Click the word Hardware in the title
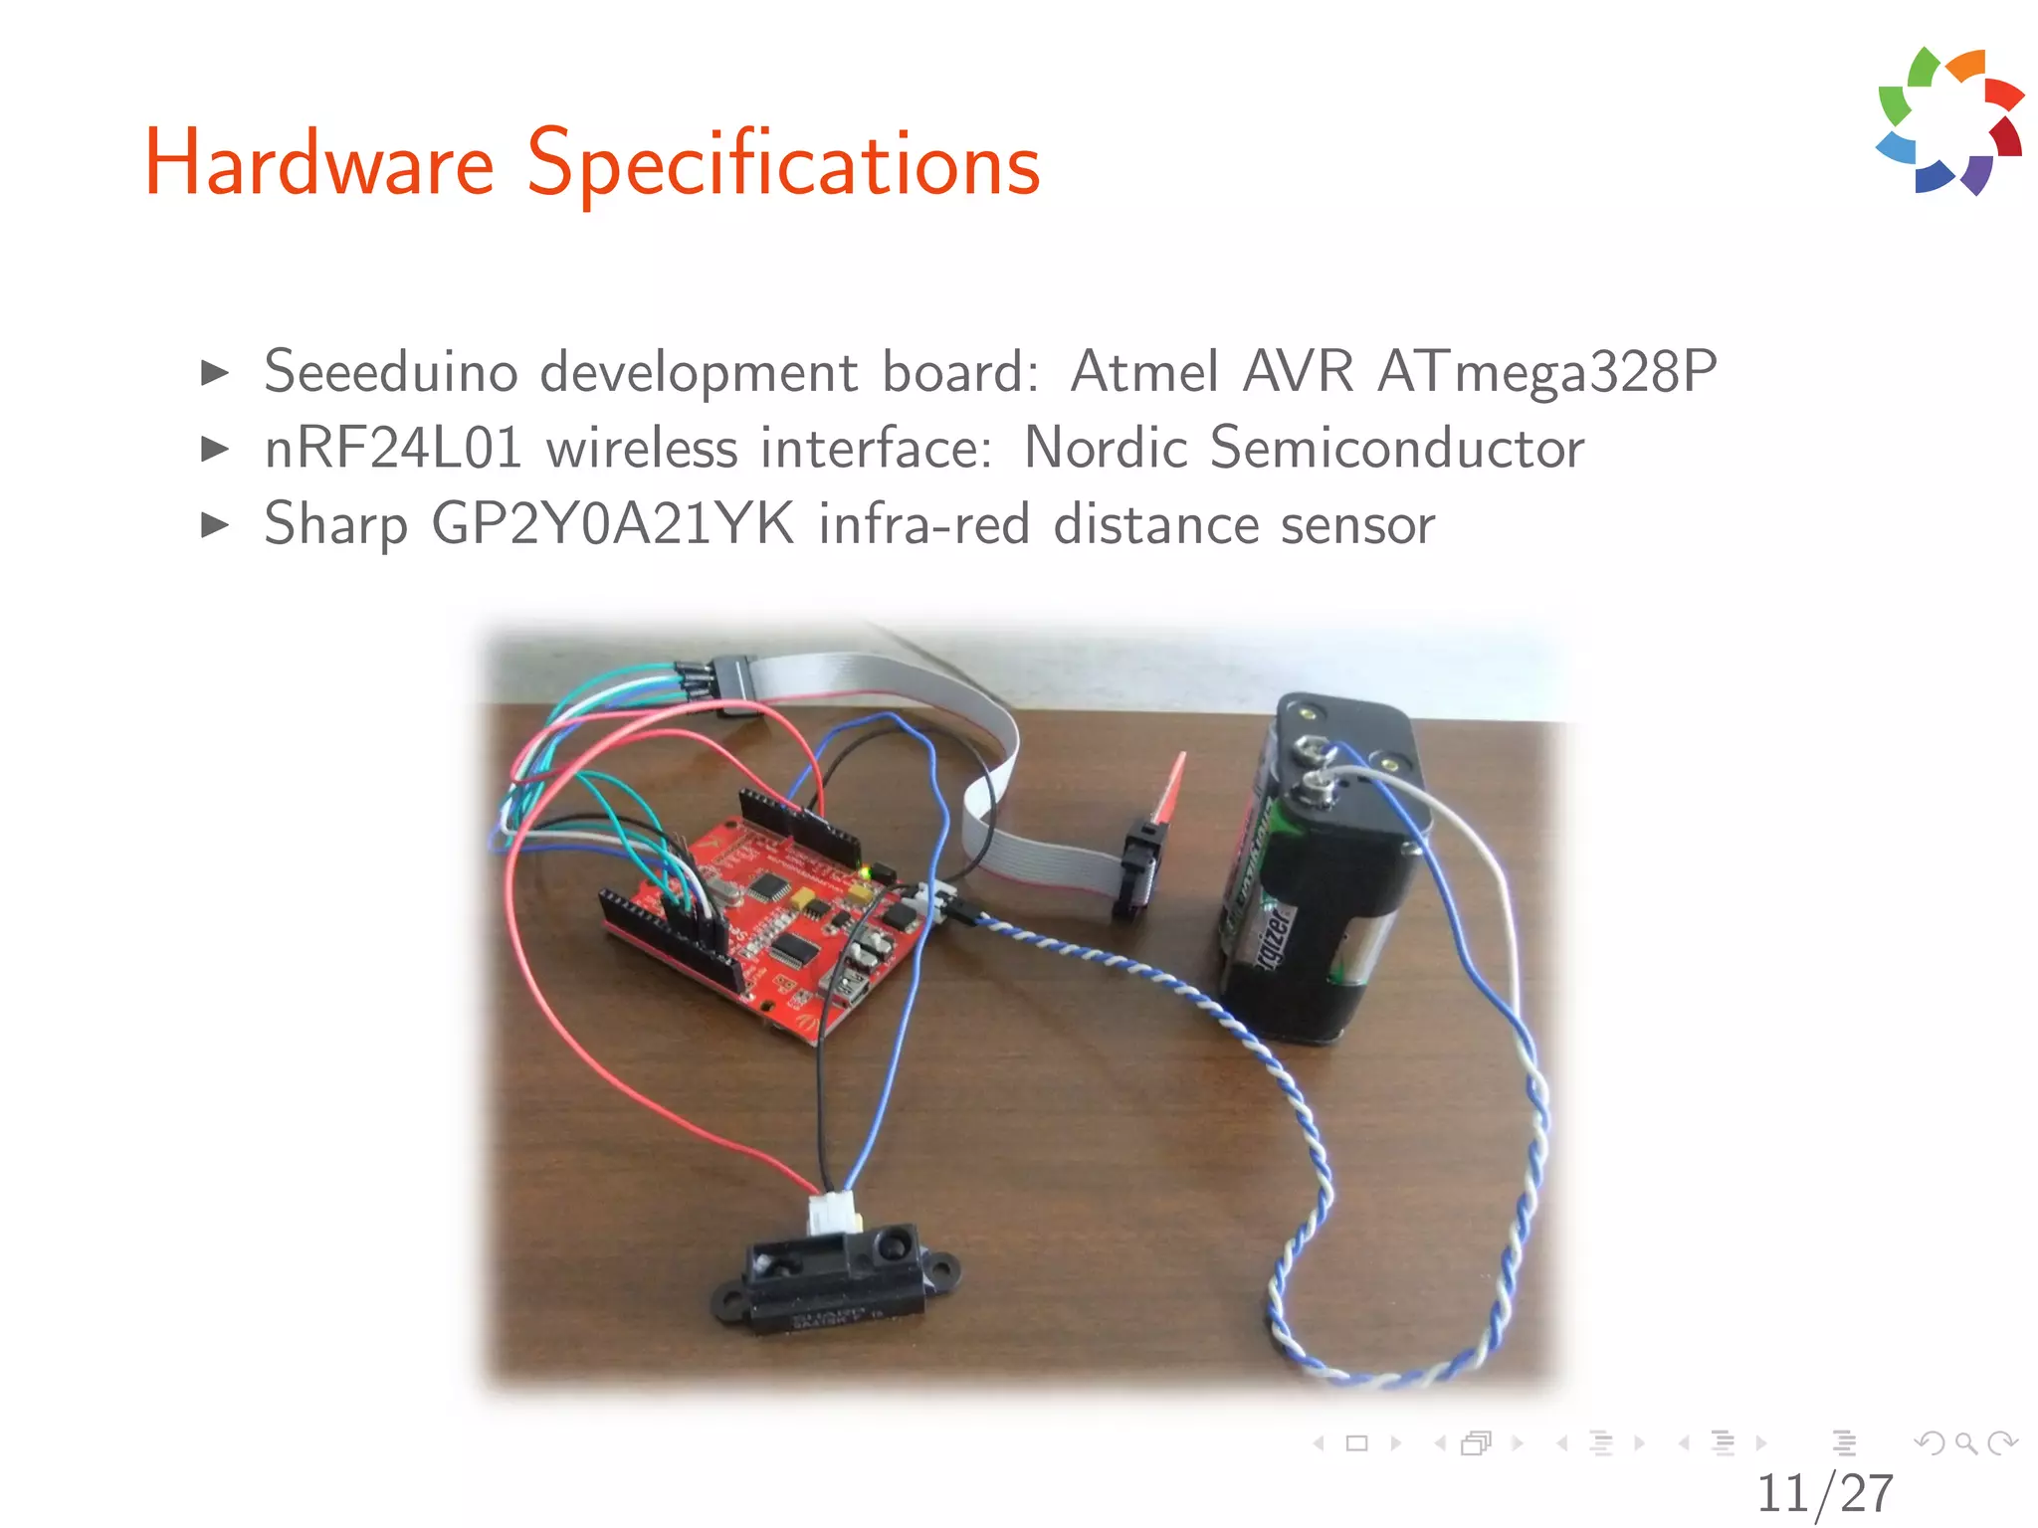pos(318,164)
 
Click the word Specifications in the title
pos(783,164)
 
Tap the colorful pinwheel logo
pos(1948,121)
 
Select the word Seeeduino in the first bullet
pos(390,373)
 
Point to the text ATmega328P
pos(1546,373)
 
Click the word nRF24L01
pos(393,448)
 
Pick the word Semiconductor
pos(1396,448)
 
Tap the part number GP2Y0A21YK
pos(613,524)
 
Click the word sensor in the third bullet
pos(1357,525)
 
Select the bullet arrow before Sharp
pos(214,524)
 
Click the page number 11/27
pos(1824,1492)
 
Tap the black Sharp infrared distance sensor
pos(836,1278)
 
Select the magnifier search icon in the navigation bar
pos(1965,1442)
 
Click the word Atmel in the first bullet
pos(1144,373)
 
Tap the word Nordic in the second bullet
pos(1105,448)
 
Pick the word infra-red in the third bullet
pos(923,524)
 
